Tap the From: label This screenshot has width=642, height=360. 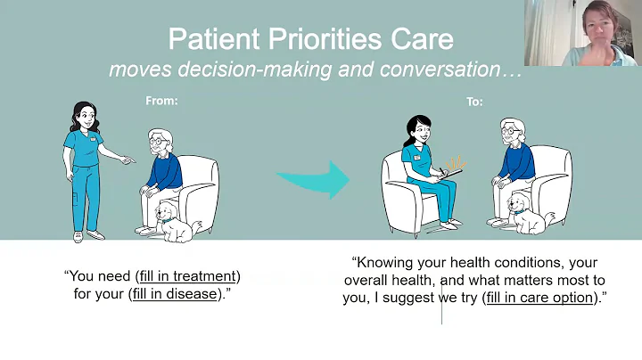[x=161, y=101]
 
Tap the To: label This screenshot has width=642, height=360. [x=473, y=102]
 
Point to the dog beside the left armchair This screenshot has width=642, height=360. [x=176, y=222]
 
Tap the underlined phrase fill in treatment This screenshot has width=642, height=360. [x=188, y=275]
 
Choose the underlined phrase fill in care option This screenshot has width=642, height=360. [x=539, y=297]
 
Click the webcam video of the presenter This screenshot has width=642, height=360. [x=583, y=33]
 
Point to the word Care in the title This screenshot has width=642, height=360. [x=421, y=40]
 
